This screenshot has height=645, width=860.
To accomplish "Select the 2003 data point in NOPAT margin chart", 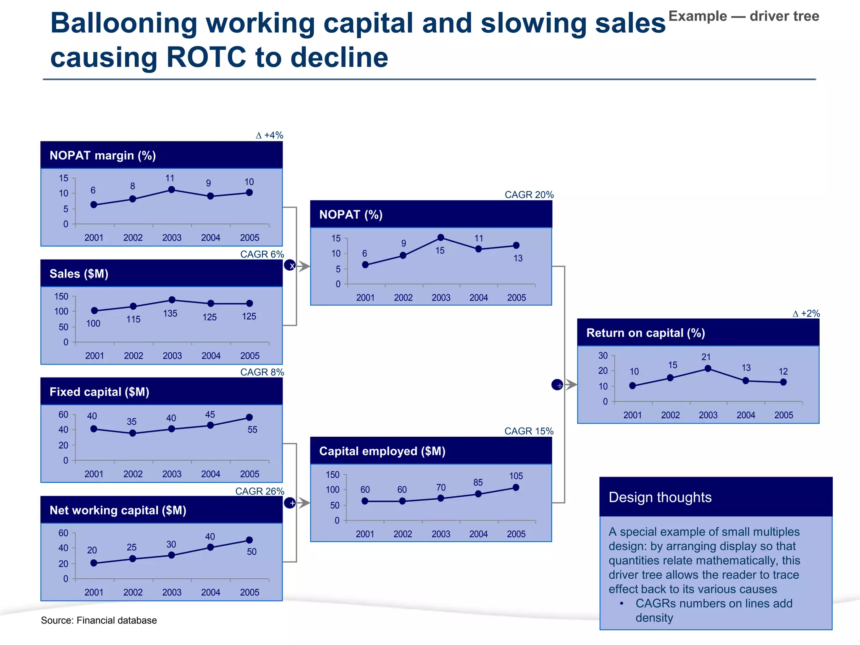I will coord(171,190).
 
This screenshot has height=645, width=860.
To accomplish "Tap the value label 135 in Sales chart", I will coord(170,314).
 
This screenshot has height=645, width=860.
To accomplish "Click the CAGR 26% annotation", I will coord(260,491).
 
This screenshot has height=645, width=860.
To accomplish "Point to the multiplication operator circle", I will coord(290,265).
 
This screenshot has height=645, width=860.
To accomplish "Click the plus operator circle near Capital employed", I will coord(290,503).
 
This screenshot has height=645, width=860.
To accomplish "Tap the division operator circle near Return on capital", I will coord(557,385).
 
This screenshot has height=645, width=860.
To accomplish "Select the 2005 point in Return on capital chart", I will coord(783,382).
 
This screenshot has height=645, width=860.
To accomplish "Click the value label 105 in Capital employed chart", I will coord(516,476).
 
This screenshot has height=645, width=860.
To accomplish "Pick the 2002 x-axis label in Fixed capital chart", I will coord(133,474).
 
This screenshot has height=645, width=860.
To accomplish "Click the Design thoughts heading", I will coord(660,497).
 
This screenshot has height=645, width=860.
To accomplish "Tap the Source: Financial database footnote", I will coord(99,620).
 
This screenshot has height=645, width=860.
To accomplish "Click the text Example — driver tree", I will coord(744,16).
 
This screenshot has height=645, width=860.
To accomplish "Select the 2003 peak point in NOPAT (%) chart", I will coord(440,238).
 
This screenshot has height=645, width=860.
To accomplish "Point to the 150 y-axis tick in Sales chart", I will coord(61,296).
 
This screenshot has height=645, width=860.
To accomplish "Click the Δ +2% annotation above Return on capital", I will coord(806,314).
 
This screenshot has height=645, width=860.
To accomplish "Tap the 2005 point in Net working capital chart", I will coord(249,540).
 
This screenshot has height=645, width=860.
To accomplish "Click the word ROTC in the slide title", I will coord(206,57).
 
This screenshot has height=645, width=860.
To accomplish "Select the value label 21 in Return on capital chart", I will coord(706,357).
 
